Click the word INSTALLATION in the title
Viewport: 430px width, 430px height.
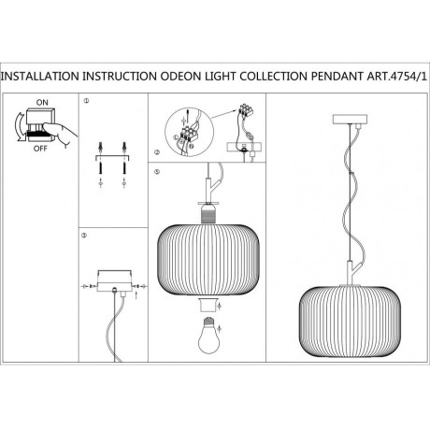point(40,77)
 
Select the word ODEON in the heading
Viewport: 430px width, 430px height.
point(180,77)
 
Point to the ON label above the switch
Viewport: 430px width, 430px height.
point(42,102)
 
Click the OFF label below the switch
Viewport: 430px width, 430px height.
point(40,149)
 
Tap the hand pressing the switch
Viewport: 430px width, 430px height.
point(61,133)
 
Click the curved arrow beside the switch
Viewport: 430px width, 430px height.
point(20,127)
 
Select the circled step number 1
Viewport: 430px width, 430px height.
point(86,101)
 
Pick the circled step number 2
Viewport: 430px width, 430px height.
point(157,152)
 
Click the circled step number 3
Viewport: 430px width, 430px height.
point(84,236)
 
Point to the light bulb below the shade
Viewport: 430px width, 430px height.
point(208,336)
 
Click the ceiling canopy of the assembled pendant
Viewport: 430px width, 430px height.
point(350,119)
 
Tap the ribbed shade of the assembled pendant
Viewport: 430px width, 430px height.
point(350,322)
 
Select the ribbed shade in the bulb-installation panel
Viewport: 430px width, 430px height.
point(208,260)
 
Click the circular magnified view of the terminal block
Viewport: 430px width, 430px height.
point(190,132)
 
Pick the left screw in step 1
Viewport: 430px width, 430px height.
point(100,167)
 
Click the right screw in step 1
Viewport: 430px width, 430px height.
point(124,167)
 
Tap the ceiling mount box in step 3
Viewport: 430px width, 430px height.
point(114,280)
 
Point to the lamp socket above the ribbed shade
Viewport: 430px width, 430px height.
point(208,213)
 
